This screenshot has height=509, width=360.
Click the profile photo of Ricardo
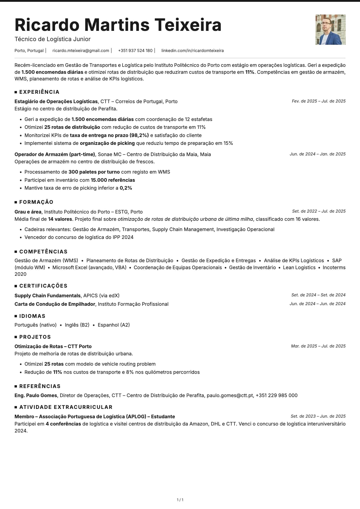coord(330,30)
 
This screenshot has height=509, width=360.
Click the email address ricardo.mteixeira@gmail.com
coord(81,51)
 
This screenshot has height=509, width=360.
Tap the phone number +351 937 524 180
coord(135,51)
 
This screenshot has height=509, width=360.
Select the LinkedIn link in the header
coord(192,51)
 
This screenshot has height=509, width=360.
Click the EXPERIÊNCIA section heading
coord(39,92)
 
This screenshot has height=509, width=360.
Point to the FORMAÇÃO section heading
coord(36,202)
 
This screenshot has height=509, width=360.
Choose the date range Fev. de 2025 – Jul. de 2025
coord(319,101)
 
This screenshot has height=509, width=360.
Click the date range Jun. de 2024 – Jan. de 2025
coord(317,154)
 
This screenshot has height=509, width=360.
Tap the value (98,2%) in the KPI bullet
coord(139,135)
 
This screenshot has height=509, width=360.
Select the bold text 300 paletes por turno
coord(94,172)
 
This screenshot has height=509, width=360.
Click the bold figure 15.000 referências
coord(113,180)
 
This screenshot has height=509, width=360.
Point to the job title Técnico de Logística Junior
coord(53,39)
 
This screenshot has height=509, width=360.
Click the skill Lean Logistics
coord(299,267)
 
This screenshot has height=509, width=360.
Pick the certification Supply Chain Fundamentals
coord(47,295)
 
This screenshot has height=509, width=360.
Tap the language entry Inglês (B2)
coord(77,325)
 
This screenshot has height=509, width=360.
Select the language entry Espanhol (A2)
coord(114,325)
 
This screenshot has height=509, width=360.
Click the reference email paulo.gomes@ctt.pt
coord(230,395)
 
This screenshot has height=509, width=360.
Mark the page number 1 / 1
coord(180,500)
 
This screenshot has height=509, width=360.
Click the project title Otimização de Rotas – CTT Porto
coord(53,346)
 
